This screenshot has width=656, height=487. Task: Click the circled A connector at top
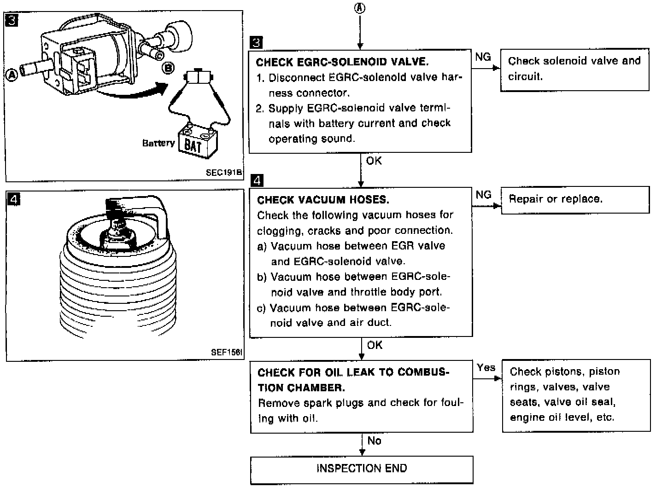(360, 8)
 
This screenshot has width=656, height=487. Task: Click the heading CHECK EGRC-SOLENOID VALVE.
(342, 62)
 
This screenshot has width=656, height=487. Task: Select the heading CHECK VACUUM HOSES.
(323, 200)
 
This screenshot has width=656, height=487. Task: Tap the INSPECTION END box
(362, 469)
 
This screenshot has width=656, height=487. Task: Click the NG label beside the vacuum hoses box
(483, 195)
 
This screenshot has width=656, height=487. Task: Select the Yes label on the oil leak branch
(486, 367)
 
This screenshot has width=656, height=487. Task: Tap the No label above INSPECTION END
(374, 441)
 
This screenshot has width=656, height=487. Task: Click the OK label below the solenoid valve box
(374, 161)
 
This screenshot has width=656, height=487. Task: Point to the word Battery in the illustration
(158, 143)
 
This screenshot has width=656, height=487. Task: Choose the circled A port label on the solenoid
(12, 74)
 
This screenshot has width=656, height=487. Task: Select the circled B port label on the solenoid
(169, 69)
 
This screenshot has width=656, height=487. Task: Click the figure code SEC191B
(224, 173)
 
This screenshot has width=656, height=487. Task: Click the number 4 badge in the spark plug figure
(14, 200)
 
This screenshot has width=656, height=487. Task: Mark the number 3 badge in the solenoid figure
(13, 21)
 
